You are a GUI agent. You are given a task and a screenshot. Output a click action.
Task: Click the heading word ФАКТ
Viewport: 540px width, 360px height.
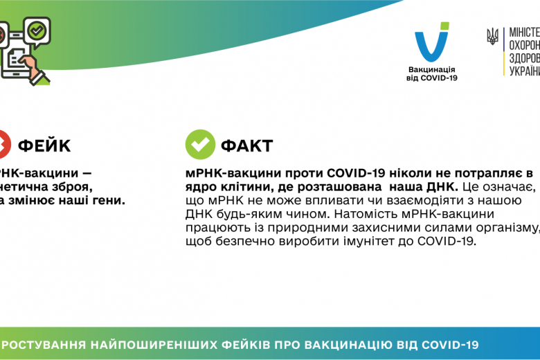246,145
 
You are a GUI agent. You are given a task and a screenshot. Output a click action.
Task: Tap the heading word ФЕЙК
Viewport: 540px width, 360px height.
44,145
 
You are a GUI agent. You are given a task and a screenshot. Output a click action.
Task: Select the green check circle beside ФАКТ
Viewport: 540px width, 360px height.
200,145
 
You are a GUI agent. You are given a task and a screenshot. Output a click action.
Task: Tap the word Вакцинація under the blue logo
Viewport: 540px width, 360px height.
432,70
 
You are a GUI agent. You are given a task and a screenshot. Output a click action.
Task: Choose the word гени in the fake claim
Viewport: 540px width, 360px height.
111,201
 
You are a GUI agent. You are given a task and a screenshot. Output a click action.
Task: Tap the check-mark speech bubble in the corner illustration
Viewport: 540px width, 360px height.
36,30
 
